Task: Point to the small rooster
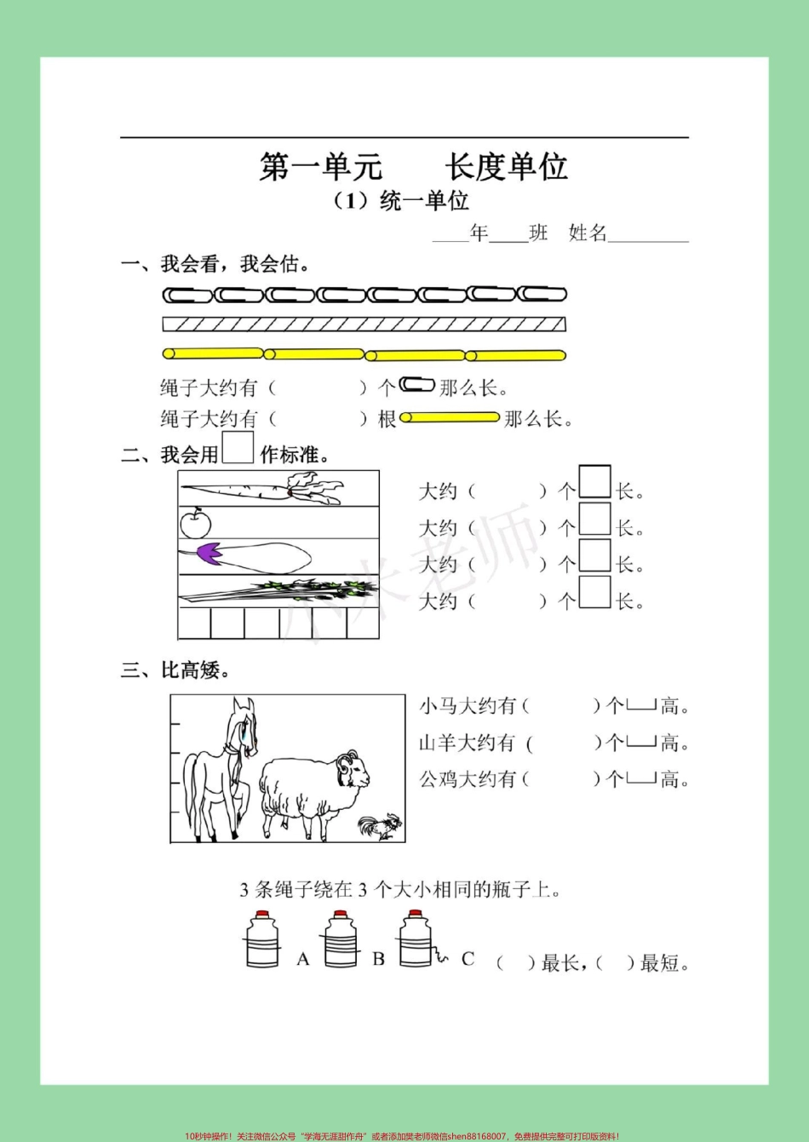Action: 381,826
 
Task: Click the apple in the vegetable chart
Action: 195,522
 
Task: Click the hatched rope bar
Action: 364,324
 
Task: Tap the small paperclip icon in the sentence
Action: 416,385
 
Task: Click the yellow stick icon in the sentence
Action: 449,417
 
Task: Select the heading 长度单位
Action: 506,167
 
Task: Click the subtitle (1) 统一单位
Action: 401,201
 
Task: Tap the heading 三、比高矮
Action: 175,670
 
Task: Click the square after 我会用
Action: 238,449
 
